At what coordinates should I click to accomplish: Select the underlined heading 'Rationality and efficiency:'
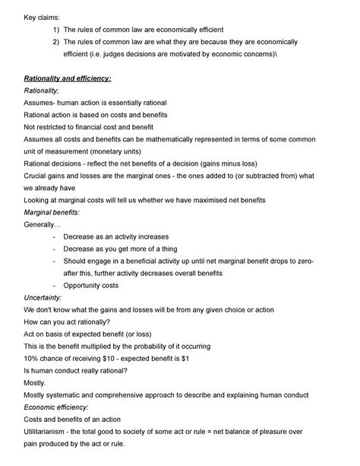click(x=68, y=78)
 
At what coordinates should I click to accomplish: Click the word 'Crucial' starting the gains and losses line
click(x=38, y=175)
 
